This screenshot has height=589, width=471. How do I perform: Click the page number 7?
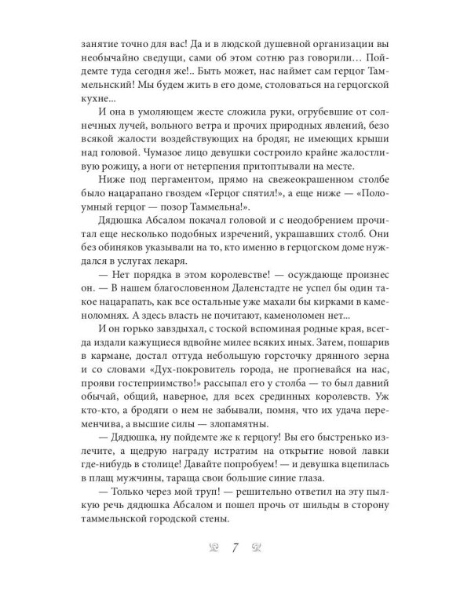(x=235, y=547)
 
